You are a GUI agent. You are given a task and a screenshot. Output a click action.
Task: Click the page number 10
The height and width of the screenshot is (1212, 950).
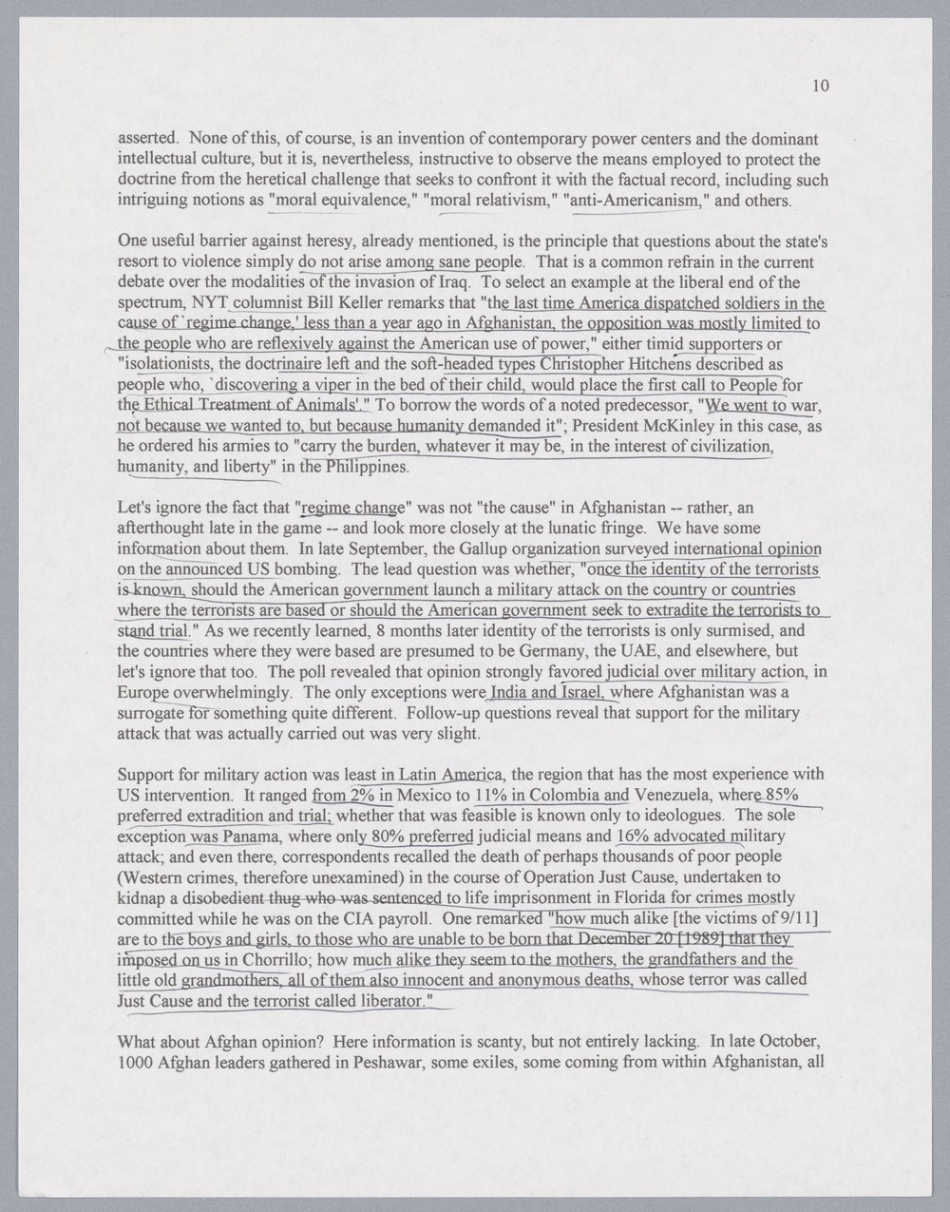(822, 87)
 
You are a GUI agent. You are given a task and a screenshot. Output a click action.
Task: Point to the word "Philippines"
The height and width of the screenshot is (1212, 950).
(368, 468)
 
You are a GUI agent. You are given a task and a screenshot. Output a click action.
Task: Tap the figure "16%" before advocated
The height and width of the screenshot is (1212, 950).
(636, 837)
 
